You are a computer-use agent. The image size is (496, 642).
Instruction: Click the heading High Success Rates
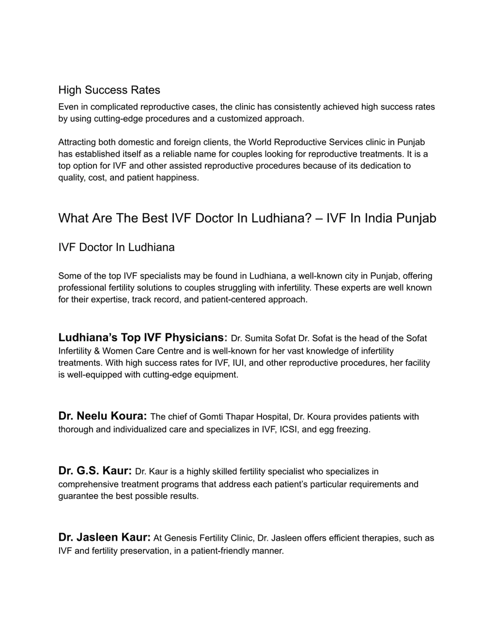[x=109, y=90]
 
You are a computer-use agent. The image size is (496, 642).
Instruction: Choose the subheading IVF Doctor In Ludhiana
[x=116, y=247]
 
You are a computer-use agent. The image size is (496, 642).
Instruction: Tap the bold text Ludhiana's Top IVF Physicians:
[x=143, y=337]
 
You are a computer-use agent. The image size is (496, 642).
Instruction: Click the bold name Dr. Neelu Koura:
[x=102, y=416]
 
